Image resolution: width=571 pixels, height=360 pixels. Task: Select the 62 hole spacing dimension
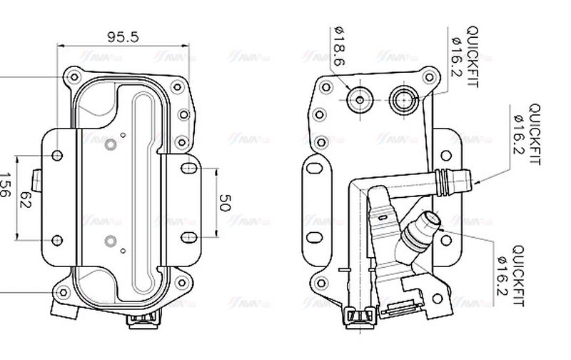click(26, 197)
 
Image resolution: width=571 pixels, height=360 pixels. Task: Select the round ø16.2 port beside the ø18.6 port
click(404, 97)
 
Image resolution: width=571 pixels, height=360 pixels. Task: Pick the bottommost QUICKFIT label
click(517, 276)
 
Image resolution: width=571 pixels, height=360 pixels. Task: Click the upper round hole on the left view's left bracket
click(57, 155)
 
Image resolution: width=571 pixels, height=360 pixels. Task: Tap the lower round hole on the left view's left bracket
click(57, 240)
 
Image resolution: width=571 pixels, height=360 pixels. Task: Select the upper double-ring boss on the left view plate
click(109, 145)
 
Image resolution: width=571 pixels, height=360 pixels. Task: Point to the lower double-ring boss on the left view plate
click(109, 241)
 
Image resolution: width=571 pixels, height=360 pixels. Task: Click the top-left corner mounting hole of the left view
click(72, 75)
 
